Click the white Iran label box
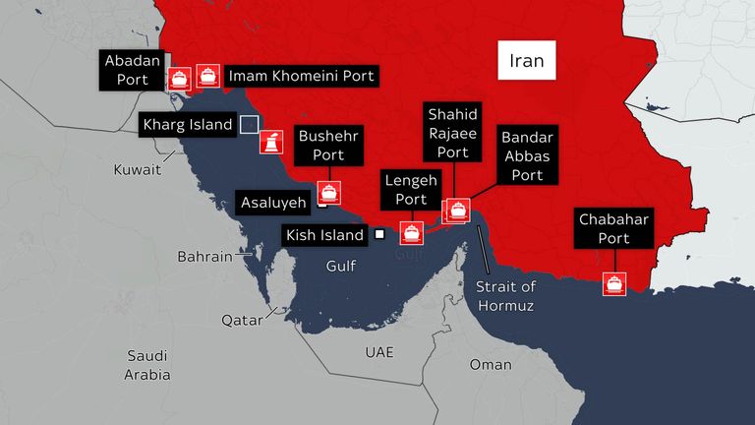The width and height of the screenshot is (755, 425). click(527, 61)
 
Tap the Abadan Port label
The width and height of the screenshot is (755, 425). click(125, 71)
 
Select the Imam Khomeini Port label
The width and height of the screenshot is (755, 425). click(301, 76)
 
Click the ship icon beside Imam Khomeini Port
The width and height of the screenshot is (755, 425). click(206, 75)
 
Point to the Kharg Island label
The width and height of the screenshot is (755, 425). click(187, 125)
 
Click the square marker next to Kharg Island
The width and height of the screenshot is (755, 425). click(250, 124)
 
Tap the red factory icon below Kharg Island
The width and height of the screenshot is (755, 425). click(267, 142)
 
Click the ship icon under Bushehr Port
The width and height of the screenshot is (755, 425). click(329, 193)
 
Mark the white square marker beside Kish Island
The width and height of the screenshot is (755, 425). click(379, 234)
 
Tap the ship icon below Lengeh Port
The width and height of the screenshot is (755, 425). click(411, 234)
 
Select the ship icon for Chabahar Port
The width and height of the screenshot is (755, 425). click(615, 284)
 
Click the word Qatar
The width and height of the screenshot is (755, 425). click(241, 320)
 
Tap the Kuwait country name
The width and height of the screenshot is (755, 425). click(137, 170)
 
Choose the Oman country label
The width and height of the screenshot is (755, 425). click(490, 364)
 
